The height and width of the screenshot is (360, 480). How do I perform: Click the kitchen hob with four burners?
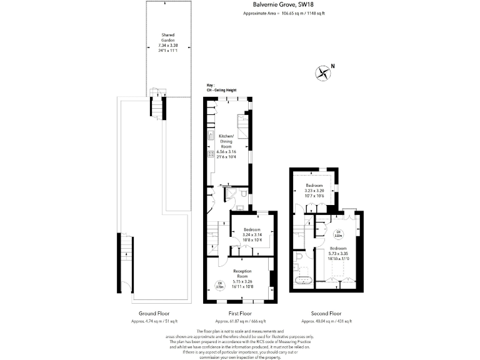click(x=210, y=154)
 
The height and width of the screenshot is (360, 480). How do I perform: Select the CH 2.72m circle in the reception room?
click(x=219, y=286)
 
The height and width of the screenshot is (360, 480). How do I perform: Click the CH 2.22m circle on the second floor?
click(x=338, y=234)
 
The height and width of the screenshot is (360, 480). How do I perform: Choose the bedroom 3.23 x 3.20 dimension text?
click(x=314, y=191)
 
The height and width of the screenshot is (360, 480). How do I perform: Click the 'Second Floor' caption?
click(x=326, y=313)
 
